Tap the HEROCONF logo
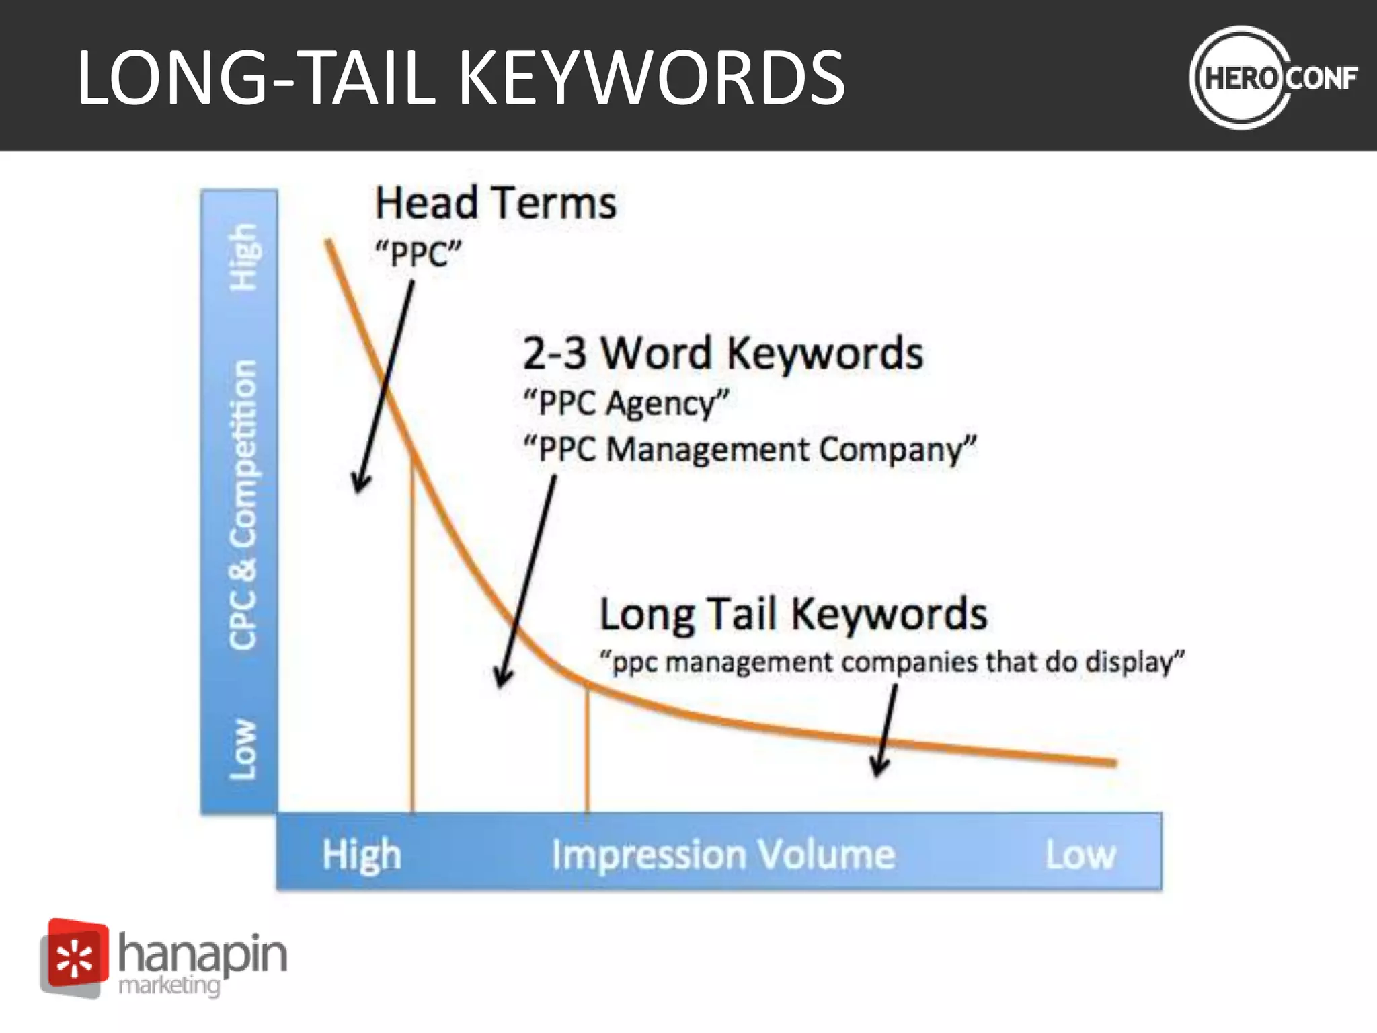click(1273, 77)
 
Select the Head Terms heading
click(496, 203)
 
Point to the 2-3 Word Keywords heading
click(723, 353)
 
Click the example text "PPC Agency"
click(625, 404)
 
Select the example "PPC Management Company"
click(750, 449)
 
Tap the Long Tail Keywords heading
click(793, 614)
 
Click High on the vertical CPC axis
click(243, 257)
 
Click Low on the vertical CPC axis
click(243, 749)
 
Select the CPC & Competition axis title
click(243, 504)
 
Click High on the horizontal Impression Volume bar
click(362, 854)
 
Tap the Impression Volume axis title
click(723, 854)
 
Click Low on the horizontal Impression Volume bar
click(1080, 854)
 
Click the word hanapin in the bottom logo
click(202, 954)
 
